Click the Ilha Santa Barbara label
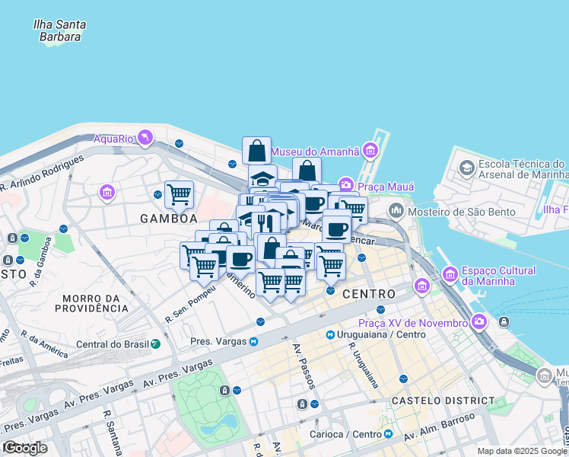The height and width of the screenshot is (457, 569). pos(59,30)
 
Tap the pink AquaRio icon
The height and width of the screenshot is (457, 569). pos(145,138)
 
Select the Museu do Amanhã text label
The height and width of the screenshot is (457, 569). pos(315,151)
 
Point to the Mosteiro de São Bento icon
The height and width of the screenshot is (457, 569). pos(396,210)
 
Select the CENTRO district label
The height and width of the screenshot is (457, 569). pos(368,294)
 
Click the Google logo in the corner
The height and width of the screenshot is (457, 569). pos(25,448)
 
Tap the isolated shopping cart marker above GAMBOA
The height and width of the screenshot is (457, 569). pos(179,194)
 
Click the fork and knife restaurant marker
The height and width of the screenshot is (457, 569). pos(264,222)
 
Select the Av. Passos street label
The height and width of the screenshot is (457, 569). pos(300,364)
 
